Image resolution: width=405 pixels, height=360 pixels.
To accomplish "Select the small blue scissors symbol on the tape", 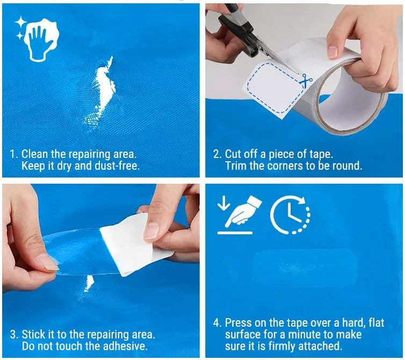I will [x=306, y=81].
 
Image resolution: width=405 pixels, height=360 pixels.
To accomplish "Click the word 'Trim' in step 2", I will [x=236, y=166].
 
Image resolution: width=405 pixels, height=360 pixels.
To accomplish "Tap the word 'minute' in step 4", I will [x=314, y=335].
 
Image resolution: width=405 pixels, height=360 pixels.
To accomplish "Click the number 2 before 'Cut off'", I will [x=216, y=154].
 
